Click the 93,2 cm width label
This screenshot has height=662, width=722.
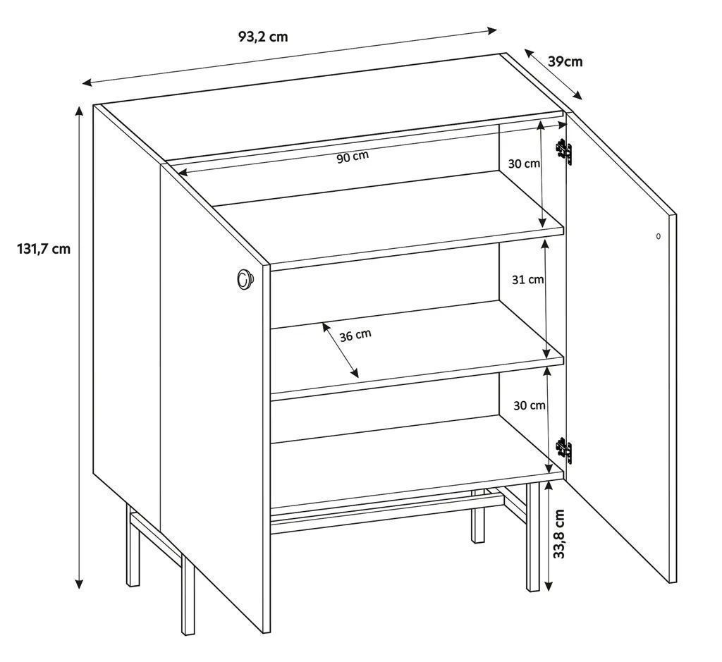pos(263,37)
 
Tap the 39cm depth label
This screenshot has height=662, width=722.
pos(565,61)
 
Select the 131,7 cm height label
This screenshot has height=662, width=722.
pos(44,249)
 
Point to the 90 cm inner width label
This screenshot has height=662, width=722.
pos(353,157)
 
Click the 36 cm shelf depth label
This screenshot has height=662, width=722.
pos(355,335)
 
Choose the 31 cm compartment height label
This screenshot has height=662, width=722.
pos(527,279)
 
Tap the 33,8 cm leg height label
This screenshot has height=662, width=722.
pos(559,534)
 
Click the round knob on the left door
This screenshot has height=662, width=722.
pos(245,279)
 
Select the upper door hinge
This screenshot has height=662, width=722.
pos(564,151)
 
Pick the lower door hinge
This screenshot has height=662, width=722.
pos(564,450)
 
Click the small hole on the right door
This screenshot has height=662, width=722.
pos(658,236)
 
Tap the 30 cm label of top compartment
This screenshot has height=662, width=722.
pos(524,163)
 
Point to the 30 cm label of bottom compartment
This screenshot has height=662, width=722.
pos(530,405)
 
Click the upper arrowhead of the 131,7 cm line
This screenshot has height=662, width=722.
pos(79,111)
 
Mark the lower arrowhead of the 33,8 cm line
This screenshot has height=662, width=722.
pos(548,586)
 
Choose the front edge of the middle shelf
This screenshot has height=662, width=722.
pos(417,377)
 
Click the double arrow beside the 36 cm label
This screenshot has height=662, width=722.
pos(341,350)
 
